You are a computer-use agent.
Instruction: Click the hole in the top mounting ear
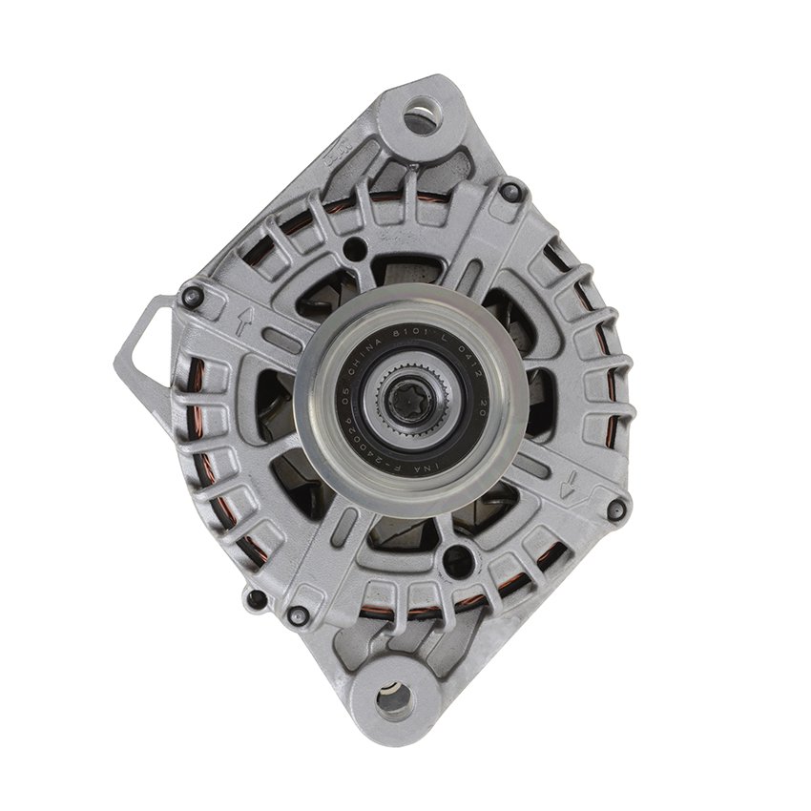click(421, 118)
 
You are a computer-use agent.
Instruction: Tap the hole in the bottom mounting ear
click(394, 699)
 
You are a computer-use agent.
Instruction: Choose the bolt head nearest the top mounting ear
click(512, 192)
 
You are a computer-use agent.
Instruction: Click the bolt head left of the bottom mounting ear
click(299, 615)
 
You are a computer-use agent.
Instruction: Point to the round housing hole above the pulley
click(356, 251)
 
